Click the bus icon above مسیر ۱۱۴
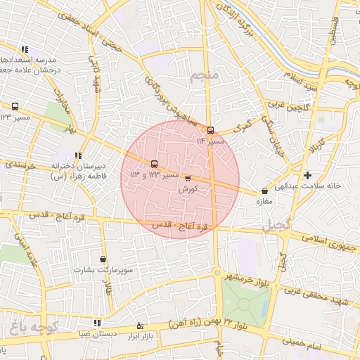(x=210, y=130)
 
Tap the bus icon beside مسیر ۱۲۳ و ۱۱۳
(x=155, y=165)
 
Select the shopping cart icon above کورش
(x=187, y=179)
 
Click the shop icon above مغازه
(x=264, y=191)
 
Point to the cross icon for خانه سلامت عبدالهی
(x=307, y=175)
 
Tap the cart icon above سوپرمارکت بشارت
(x=103, y=259)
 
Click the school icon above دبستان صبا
(x=97, y=323)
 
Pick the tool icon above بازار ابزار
(x=139, y=326)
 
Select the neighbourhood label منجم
(x=205, y=75)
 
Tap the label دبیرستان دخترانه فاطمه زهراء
(x=74, y=172)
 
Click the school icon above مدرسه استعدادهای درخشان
(x=25, y=49)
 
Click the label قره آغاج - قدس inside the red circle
(x=181, y=226)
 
